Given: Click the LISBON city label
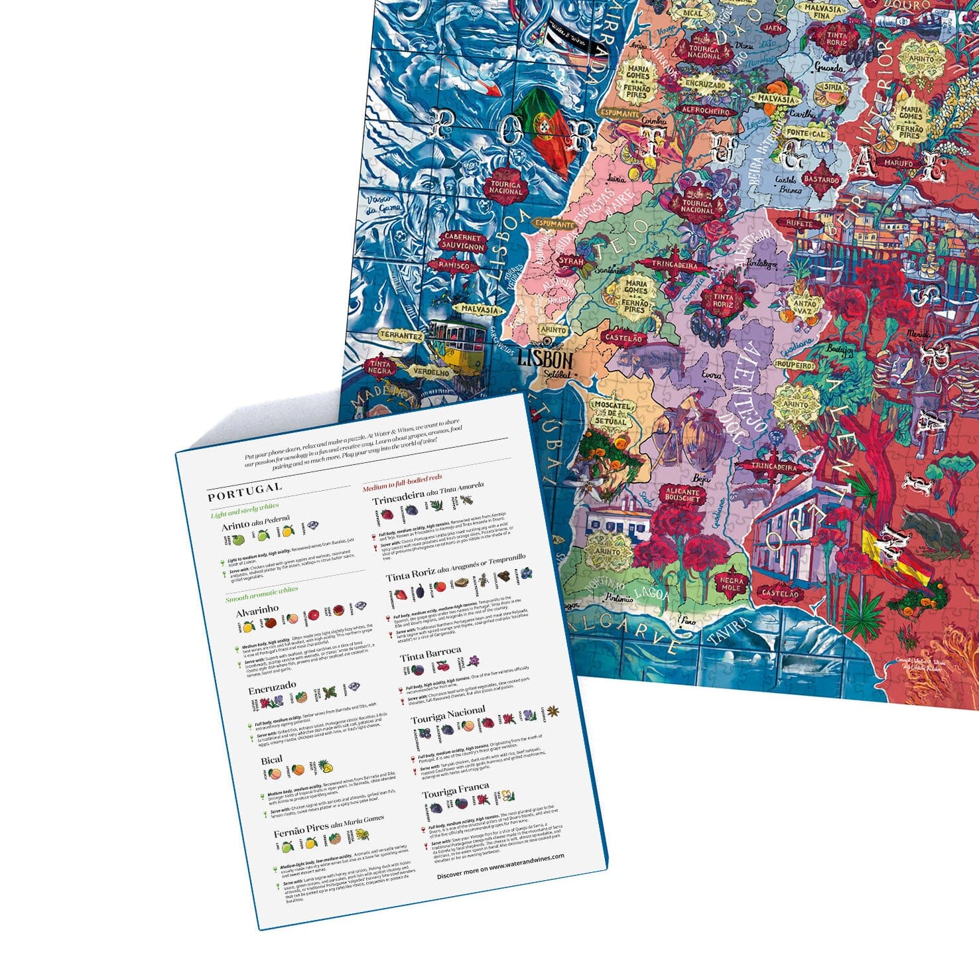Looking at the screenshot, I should coord(545,359).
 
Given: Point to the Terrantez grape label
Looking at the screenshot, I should coord(401,336).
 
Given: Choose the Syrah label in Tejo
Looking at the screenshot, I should coord(570,261).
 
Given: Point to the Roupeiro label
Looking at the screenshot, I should coord(795,365).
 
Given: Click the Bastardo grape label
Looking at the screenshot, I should coord(821,180).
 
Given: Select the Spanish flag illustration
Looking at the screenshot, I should coord(894,556).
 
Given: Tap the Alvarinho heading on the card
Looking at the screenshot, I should coord(257,610).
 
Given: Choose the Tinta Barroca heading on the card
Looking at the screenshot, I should coord(430,655).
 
